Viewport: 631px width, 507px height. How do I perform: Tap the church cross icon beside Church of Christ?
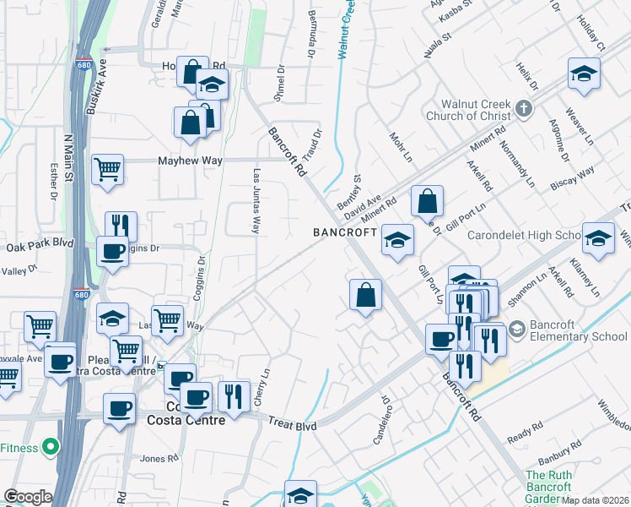524,109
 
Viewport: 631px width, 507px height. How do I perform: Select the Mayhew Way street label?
188,161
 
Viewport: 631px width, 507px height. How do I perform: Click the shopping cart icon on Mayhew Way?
108,169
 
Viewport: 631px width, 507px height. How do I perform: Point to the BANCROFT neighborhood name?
343,232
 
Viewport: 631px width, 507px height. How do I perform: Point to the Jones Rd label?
159,458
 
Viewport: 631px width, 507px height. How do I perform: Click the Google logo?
28,497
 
